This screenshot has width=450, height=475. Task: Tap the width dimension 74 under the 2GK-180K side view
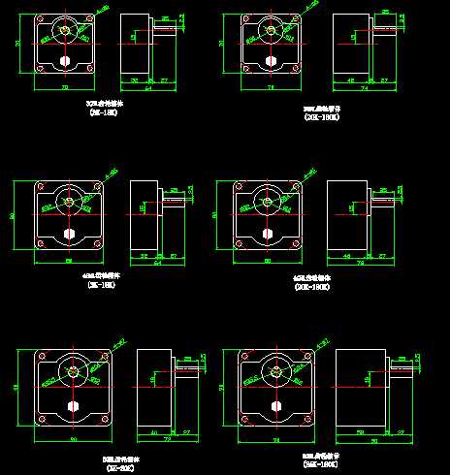coord(363,88)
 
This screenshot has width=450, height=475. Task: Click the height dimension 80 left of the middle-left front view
coord(12,216)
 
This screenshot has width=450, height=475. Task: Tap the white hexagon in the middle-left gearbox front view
coord(70,234)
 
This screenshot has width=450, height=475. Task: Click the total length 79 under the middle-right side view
coord(360,264)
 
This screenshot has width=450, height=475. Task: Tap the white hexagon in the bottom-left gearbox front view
coord(72,405)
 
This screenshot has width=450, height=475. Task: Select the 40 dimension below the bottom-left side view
coord(153,430)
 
